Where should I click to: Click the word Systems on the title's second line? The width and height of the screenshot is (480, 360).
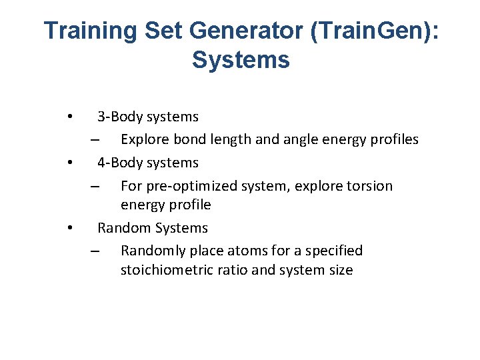[241, 60]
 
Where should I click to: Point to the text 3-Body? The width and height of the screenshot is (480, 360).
[119, 117]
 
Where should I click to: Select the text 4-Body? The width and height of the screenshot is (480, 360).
[119, 163]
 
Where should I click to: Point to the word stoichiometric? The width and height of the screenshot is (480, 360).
[169, 270]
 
